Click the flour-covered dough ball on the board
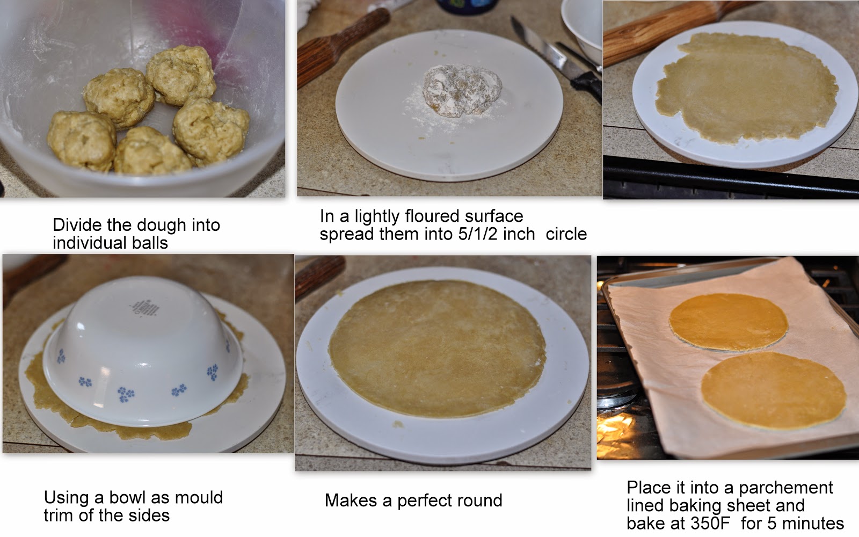pyautogui.click(x=462, y=91)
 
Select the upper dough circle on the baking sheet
pyautogui.click(x=729, y=322)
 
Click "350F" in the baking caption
pyautogui.click(x=711, y=523)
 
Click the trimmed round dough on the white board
pyautogui.click(x=437, y=349)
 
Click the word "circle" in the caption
pyautogui.click(x=566, y=234)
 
